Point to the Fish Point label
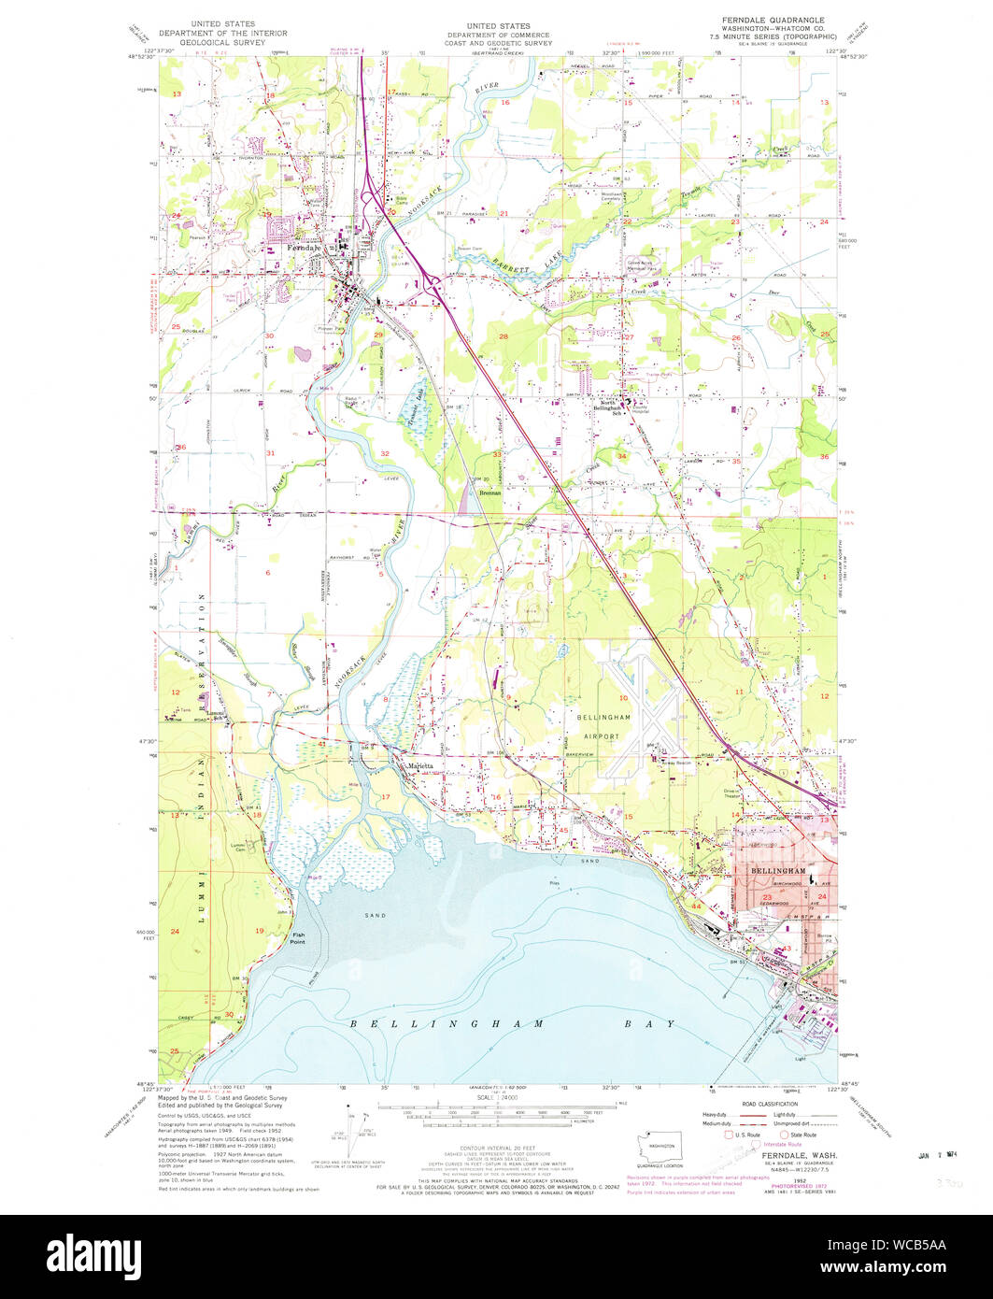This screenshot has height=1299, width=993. (x=297, y=938)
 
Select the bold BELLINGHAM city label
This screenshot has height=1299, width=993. (x=776, y=870)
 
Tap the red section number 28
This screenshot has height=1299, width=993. (x=503, y=335)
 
